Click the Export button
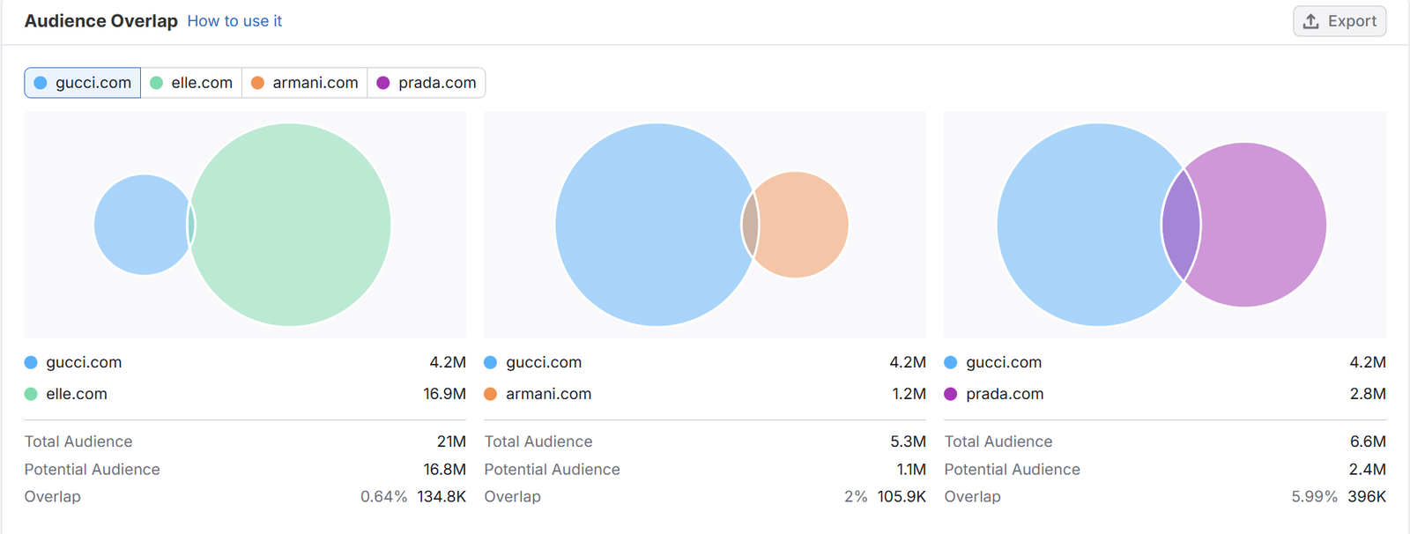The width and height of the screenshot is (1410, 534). tap(1339, 21)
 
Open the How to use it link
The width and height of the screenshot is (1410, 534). tap(234, 21)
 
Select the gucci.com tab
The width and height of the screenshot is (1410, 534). tap(83, 83)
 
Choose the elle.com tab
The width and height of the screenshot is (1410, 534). tap(192, 83)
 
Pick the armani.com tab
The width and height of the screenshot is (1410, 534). tap(305, 83)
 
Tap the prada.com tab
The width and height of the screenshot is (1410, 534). tap(427, 83)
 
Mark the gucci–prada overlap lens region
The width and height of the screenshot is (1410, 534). tap(1182, 225)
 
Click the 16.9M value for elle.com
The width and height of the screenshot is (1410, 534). tap(444, 394)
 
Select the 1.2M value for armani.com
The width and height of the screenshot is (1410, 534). tap(909, 394)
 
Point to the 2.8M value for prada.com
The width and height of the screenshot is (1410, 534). tap(1368, 394)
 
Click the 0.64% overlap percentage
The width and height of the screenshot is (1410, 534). tap(383, 497)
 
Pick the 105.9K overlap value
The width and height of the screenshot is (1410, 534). tap(902, 497)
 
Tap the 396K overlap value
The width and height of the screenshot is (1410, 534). tap(1367, 497)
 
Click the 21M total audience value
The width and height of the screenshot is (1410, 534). tap(451, 441)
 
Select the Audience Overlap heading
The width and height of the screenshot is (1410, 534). tap(101, 21)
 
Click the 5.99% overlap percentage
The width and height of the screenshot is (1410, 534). tap(1314, 497)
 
